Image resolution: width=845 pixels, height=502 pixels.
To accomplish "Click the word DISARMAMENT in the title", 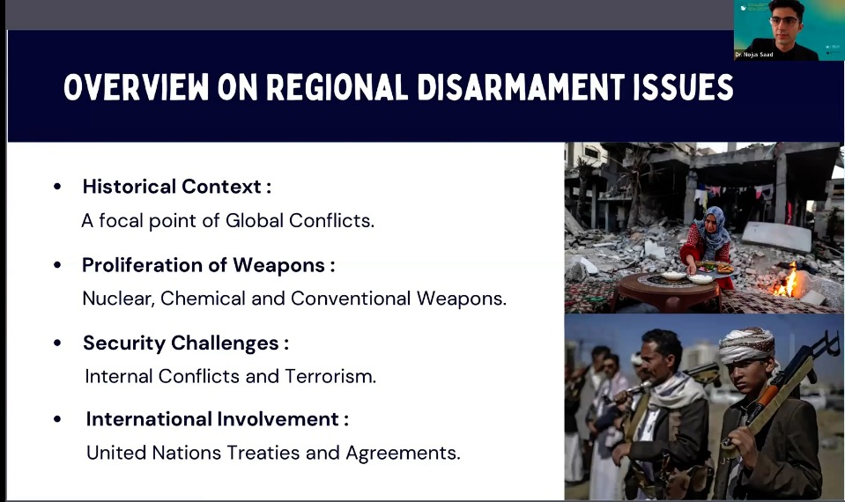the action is coord(520,86).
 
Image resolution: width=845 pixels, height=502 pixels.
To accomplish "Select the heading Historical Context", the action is coord(172,187).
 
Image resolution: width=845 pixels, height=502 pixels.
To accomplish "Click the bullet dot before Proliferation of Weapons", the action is coord(57,265).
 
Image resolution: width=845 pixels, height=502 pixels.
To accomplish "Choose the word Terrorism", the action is coord(330,376).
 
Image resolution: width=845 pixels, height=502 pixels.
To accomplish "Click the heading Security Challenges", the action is coord(181,343).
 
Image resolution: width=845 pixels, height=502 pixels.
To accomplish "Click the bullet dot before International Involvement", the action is coord(57,419).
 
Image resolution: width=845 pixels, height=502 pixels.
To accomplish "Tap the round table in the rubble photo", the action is coord(667,289).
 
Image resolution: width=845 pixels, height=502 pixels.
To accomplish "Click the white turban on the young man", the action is coord(746,344).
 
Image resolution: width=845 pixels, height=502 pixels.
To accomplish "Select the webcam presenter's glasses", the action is coord(784,21).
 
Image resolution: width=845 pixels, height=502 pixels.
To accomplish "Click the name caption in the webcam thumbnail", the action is coord(754,55).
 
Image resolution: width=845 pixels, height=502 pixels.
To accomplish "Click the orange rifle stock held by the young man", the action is coord(765,400).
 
